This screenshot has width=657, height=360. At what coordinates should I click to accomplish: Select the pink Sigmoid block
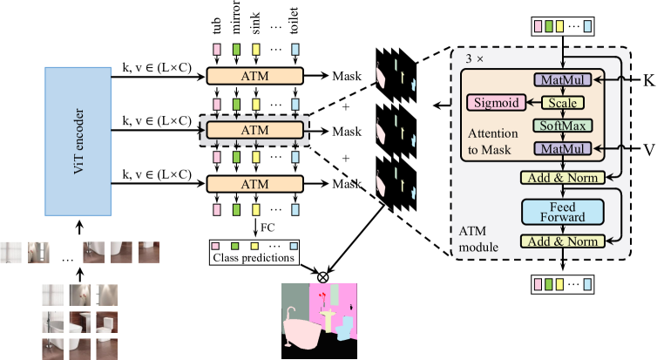(x=495, y=102)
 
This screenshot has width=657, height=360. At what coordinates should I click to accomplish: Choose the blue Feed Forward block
(x=561, y=211)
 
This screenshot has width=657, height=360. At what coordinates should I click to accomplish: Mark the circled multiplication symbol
(x=323, y=277)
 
